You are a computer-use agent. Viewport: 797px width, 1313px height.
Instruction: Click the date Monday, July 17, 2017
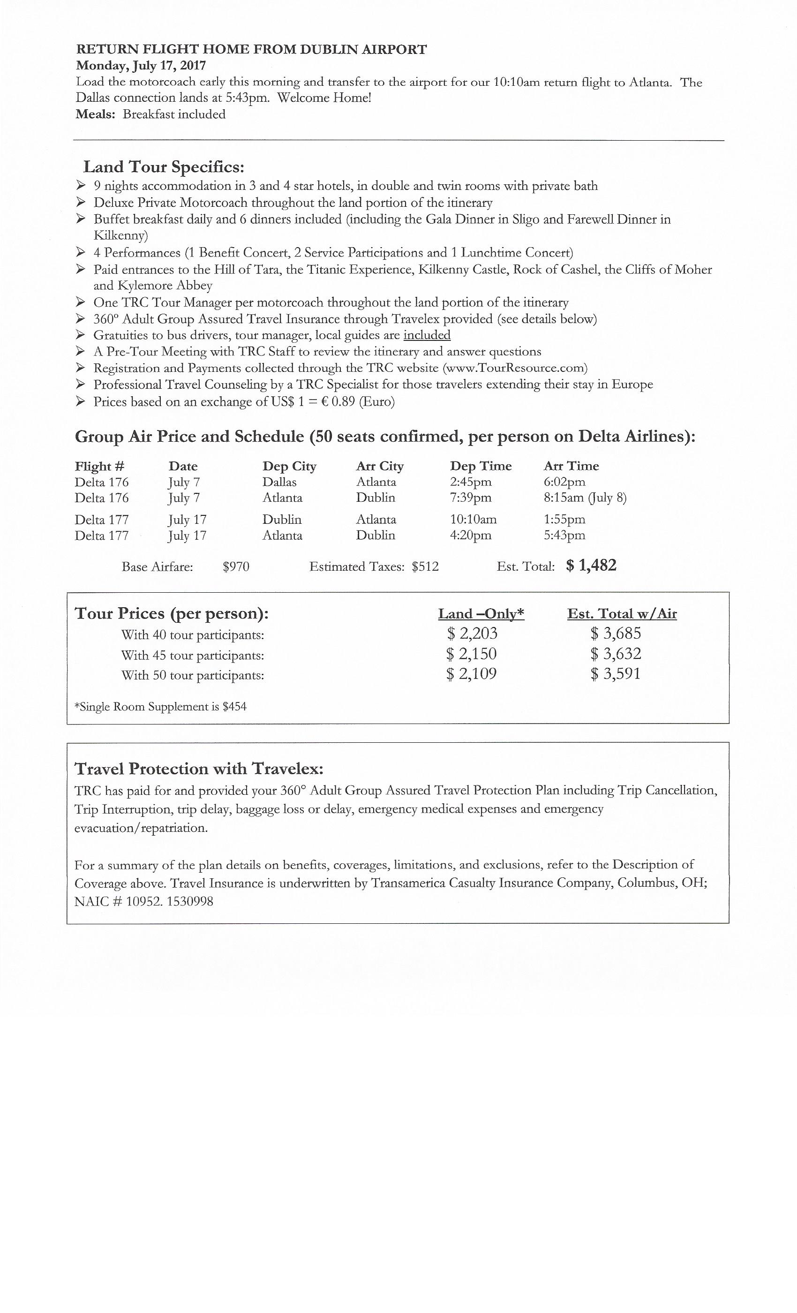tap(141, 66)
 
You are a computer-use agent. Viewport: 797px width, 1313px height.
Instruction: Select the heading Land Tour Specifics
tap(164, 167)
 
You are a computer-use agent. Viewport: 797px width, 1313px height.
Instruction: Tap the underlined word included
tap(427, 335)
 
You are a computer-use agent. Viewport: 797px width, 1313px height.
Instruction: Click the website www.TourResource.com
tap(515, 368)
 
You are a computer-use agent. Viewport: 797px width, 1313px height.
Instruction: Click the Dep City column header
tap(289, 466)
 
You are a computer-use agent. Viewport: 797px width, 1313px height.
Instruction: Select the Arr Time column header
tap(571, 466)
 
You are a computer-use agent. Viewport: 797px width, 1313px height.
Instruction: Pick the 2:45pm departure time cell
tap(470, 482)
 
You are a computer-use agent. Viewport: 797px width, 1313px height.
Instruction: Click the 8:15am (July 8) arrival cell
tap(585, 498)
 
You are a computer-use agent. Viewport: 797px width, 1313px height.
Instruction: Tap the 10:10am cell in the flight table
tap(473, 520)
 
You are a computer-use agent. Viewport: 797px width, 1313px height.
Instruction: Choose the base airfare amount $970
tap(236, 567)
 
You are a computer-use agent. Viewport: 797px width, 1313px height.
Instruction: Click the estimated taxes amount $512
tap(425, 567)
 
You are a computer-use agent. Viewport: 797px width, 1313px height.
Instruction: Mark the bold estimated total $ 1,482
tap(591, 566)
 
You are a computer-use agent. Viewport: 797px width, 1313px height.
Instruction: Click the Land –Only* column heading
tap(481, 614)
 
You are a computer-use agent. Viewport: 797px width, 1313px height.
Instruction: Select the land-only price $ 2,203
tap(472, 634)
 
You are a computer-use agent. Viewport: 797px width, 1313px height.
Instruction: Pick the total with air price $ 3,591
tap(615, 674)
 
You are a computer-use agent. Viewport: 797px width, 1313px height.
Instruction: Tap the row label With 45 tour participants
tap(192, 656)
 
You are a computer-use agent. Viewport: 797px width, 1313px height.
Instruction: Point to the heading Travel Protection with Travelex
tap(199, 769)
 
